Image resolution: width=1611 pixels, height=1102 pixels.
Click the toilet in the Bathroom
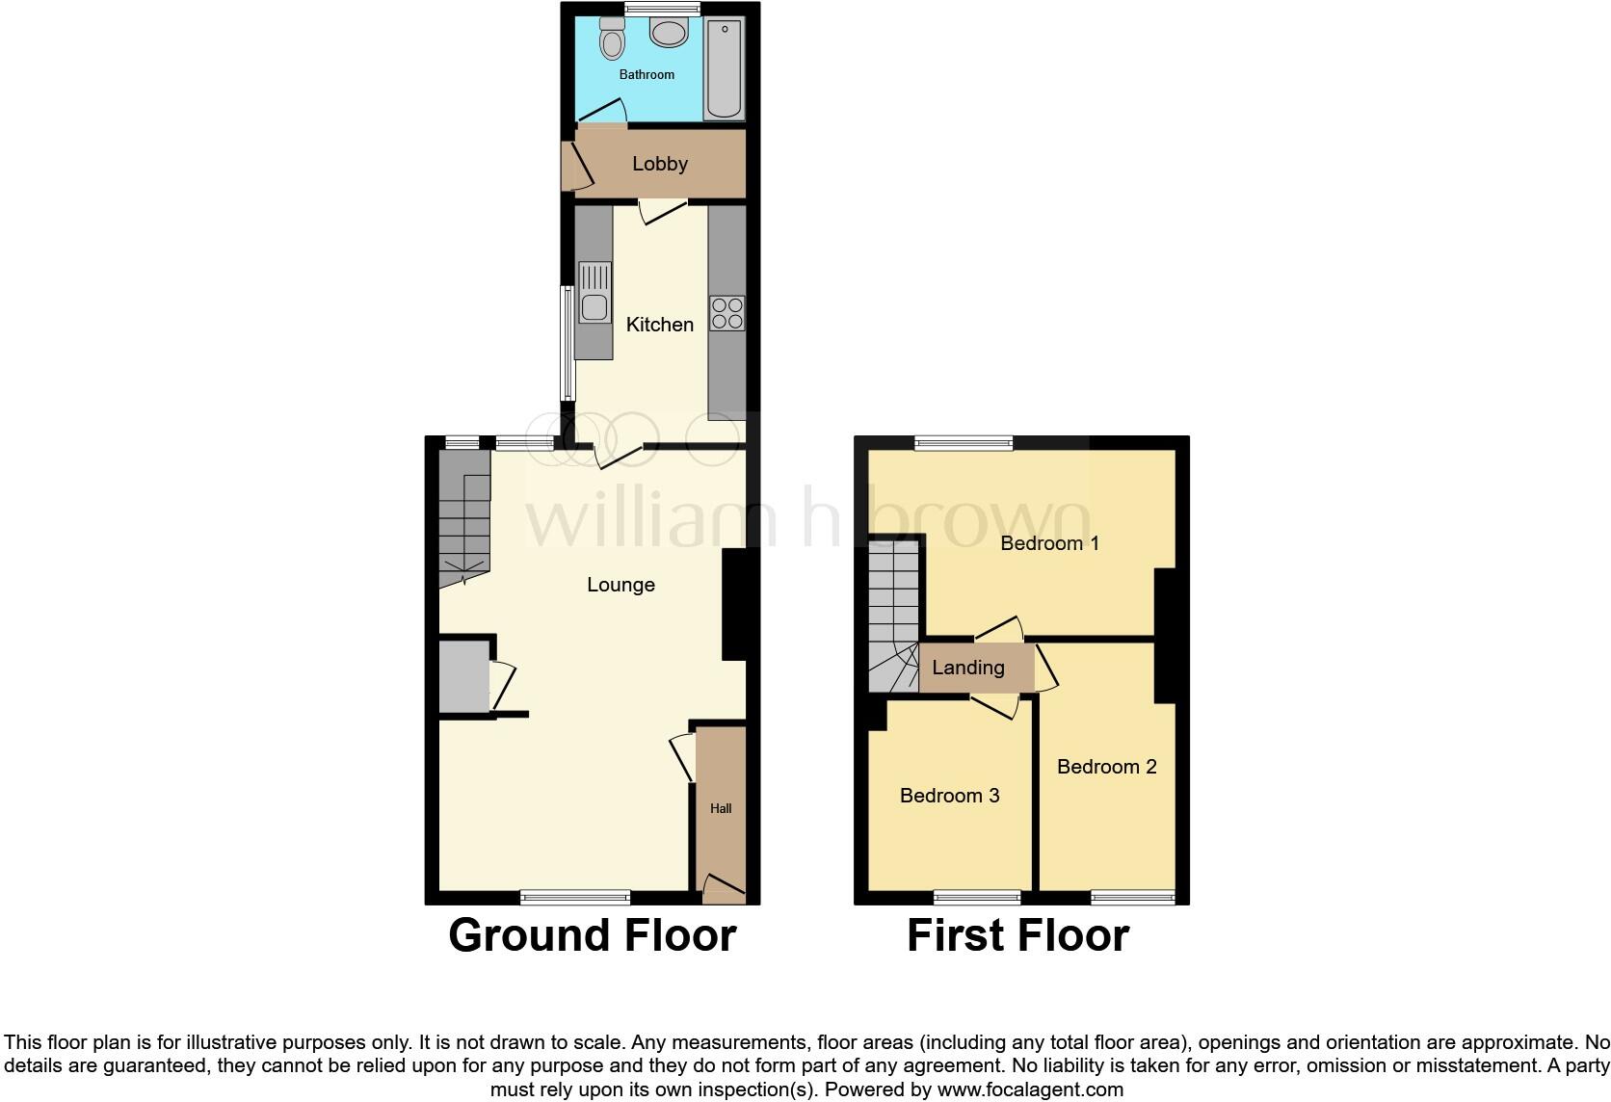(x=611, y=39)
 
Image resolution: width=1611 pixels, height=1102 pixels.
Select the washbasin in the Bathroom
(x=668, y=33)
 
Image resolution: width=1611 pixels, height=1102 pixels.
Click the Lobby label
(x=660, y=164)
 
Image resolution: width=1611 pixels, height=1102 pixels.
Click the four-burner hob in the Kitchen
(x=726, y=312)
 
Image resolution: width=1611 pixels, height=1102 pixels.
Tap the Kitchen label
(x=660, y=325)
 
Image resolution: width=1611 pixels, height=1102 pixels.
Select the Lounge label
(x=621, y=585)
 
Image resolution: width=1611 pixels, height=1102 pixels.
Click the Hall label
(x=721, y=809)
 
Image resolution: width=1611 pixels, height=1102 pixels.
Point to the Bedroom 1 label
(x=1049, y=543)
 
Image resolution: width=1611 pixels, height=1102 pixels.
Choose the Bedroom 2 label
(x=1106, y=767)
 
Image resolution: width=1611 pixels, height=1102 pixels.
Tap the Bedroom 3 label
(x=949, y=796)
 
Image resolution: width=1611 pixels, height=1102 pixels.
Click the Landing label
(x=967, y=668)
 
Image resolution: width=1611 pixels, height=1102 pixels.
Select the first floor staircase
(x=893, y=617)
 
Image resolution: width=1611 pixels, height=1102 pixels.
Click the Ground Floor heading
(x=592, y=935)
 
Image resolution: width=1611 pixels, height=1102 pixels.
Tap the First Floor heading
(x=1017, y=935)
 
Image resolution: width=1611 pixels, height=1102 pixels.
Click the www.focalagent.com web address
(x=1030, y=1089)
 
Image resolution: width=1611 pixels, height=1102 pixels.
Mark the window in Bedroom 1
(x=964, y=443)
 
